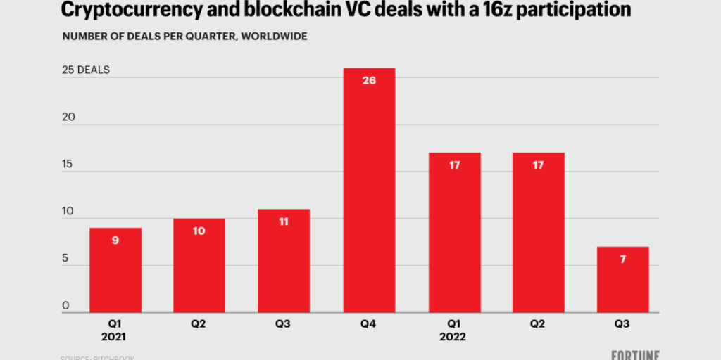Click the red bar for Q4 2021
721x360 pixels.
point(369,190)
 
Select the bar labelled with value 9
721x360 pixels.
point(115,270)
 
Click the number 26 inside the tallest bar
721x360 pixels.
point(369,80)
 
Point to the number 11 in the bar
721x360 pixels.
point(284,221)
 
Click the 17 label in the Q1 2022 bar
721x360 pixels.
point(454,165)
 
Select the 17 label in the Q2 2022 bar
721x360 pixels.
point(539,165)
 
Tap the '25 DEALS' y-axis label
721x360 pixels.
point(85,70)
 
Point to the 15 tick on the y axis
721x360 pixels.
point(68,164)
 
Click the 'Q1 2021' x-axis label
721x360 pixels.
point(115,330)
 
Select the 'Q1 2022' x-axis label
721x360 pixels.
point(454,330)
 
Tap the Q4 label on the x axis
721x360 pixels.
point(369,325)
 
